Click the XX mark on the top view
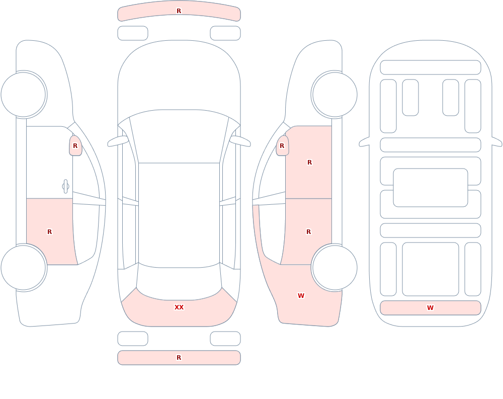pyautogui.click(x=179, y=307)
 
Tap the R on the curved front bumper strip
pyautogui.click(x=179, y=11)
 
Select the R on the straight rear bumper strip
pyautogui.click(x=179, y=358)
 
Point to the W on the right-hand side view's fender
pyautogui.click(x=301, y=296)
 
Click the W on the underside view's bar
pyautogui.click(x=430, y=307)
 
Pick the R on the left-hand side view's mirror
pyautogui.click(x=75, y=146)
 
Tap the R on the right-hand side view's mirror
pyautogui.click(x=282, y=146)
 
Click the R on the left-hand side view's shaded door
pyautogui.click(x=49, y=232)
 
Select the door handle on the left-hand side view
pyautogui.click(x=65, y=187)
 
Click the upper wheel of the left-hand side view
pyautogui.click(x=24, y=95)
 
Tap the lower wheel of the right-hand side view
pyautogui.click(x=334, y=267)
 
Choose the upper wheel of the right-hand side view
pyautogui.click(x=334, y=95)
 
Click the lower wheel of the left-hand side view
pyautogui.click(x=24, y=267)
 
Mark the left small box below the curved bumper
pyautogui.click(x=133, y=33)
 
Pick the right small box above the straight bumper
pyautogui.click(x=225, y=339)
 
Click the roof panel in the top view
pyautogui.click(x=179, y=215)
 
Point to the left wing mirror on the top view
pyautogui.click(x=118, y=141)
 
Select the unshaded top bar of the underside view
pyautogui.click(x=431, y=67)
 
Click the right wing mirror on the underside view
pyautogui.click(x=497, y=141)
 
